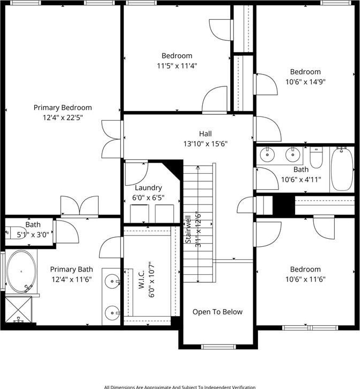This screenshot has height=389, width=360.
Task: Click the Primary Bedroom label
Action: pyautogui.click(x=63, y=108)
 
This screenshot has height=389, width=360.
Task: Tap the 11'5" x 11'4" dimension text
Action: pyautogui.click(x=177, y=66)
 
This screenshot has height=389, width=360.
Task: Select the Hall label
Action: pyautogui.click(x=205, y=134)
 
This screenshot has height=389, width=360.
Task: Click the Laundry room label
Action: pyautogui.click(x=149, y=188)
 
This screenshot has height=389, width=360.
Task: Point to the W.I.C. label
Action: pyautogui.click(x=142, y=280)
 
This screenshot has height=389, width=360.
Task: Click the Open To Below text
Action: pyautogui.click(x=218, y=312)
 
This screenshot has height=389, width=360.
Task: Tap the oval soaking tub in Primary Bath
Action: pyautogui.click(x=21, y=271)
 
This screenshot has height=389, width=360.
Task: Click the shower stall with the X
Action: pyautogui.click(x=19, y=310)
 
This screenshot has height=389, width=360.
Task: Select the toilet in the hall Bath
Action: pyautogui.click(x=316, y=157)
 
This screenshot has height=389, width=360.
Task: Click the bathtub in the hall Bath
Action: pyautogui.click(x=342, y=169)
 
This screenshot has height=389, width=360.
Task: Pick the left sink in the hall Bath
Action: pyautogui.click(x=267, y=155)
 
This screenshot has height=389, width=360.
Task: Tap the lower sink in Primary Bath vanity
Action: pyautogui.click(x=112, y=313)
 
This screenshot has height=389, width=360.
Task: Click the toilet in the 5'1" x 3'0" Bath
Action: pyautogui.click(x=16, y=232)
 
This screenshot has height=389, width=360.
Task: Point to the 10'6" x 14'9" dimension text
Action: pyautogui.click(x=305, y=82)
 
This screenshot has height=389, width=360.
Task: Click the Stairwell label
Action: pyautogui.click(x=188, y=229)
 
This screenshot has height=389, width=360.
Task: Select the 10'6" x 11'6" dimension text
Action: pyautogui.click(x=305, y=280)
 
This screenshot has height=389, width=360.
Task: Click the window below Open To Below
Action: pyautogui.click(x=218, y=347)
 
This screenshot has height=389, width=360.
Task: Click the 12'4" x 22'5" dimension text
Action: pyautogui.click(x=63, y=118)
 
